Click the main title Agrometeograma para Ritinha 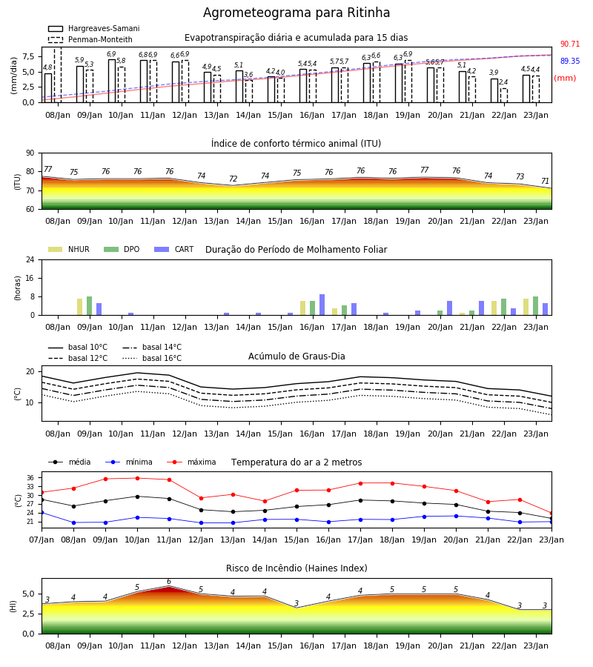(x=296, y=13)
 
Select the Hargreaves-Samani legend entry (x=93, y=28)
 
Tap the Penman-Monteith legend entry (x=90, y=39)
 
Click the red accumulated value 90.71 (x=570, y=44)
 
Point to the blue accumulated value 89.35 (x=570, y=61)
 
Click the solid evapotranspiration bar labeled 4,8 (x=48, y=88)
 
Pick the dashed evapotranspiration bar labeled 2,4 (x=503, y=96)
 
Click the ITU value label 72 (x=233, y=179)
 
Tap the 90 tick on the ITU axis (x=30, y=153)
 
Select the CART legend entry (x=174, y=249)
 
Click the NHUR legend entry (x=69, y=249)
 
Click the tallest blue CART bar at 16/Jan (x=322, y=305)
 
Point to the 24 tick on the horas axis (x=30, y=260)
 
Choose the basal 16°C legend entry (x=152, y=358)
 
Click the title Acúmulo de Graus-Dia (x=296, y=356)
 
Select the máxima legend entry (x=191, y=462)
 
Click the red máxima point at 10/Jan (x=137, y=478)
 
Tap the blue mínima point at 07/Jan (x=42, y=513)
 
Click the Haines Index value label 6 (x=169, y=582)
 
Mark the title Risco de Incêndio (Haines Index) (x=296, y=568)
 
